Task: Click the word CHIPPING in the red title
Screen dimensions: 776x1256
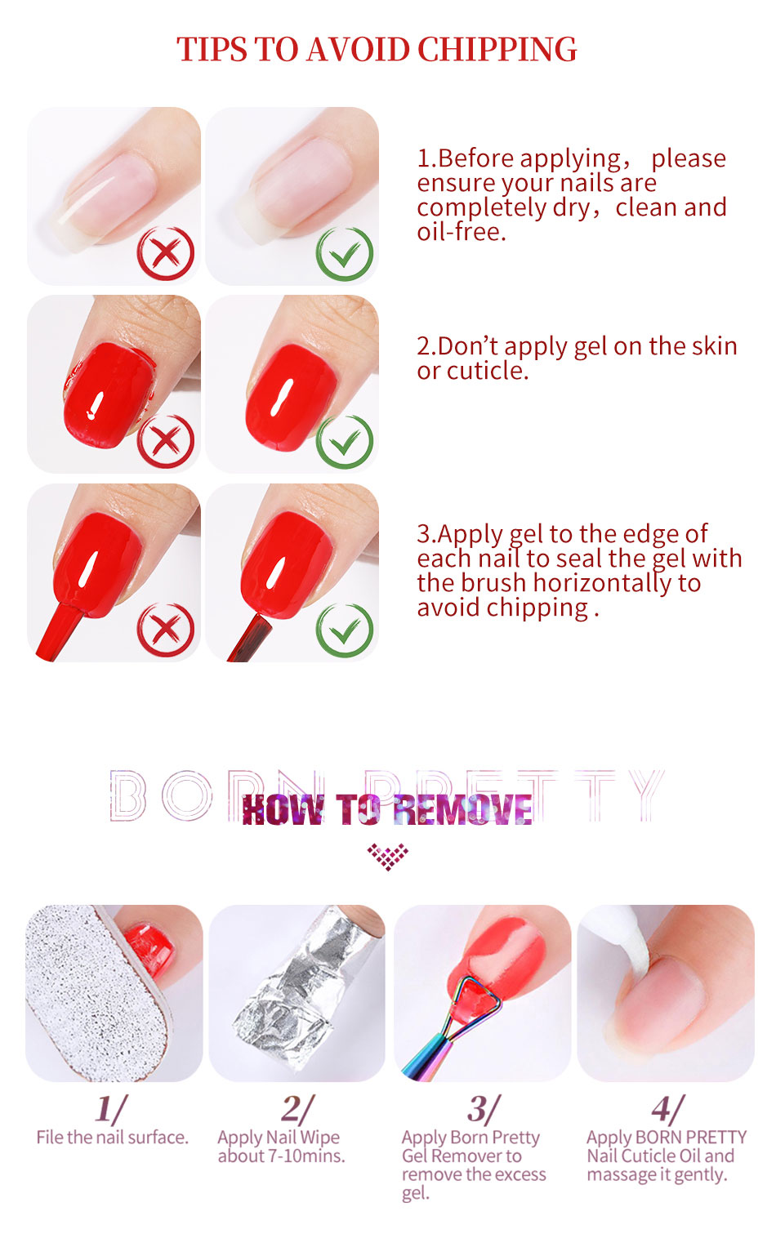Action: pos(497,49)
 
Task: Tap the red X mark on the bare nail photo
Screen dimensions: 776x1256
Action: pos(165,253)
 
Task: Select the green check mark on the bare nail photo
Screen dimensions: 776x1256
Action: pos(344,253)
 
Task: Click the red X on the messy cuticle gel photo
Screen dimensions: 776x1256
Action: pos(165,441)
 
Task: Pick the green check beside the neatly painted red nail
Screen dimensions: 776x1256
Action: pos(344,442)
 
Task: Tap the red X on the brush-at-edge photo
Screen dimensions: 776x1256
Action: pos(165,630)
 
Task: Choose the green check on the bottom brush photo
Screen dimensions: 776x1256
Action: pos(344,630)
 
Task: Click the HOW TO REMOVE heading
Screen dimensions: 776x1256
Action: pos(387,809)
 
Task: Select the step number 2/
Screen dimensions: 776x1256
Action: pos(297,1109)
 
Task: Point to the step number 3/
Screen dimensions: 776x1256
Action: pos(483,1109)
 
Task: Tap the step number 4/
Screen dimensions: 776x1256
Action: pos(667,1109)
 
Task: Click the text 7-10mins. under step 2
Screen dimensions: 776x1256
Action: pos(305,1156)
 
